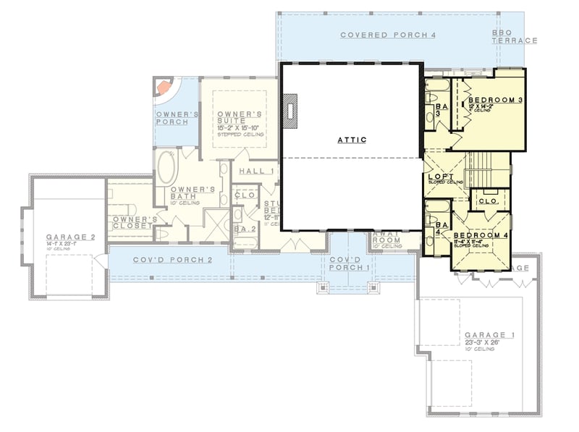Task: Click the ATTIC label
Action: [352, 140]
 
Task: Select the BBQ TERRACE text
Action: [515, 37]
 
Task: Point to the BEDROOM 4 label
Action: [481, 236]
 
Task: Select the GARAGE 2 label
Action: [71, 237]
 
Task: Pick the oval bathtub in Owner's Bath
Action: [165, 167]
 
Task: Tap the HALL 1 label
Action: [256, 171]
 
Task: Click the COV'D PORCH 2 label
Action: [172, 260]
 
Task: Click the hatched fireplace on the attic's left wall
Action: [291, 112]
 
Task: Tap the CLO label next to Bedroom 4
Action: [487, 200]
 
